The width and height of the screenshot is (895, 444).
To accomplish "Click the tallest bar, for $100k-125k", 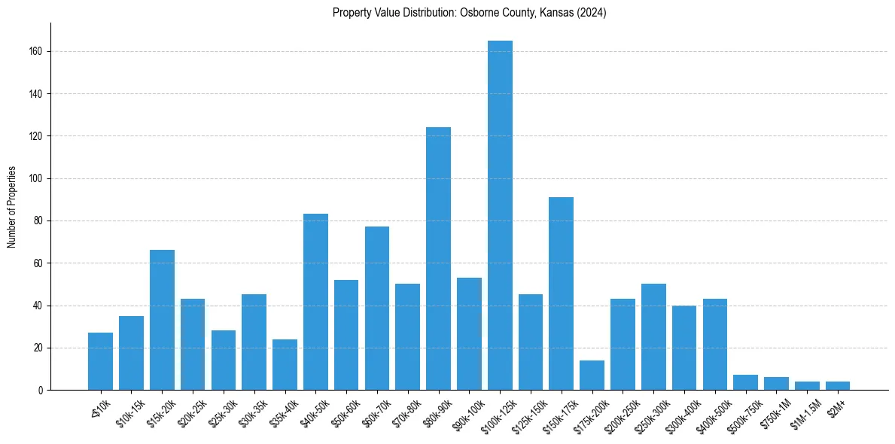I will point(500,218).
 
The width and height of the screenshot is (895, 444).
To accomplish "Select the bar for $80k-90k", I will point(438,260).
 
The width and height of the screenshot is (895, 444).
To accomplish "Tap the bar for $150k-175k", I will point(562,293).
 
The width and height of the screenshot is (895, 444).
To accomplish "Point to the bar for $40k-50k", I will point(315,301).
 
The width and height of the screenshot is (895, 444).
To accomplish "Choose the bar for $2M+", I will point(838,386).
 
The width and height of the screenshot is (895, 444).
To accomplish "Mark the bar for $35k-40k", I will point(285,365).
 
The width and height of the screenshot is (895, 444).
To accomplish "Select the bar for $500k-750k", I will point(745,382).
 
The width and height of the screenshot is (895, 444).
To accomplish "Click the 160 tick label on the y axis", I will point(37,52).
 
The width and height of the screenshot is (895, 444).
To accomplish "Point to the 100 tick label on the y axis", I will point(37,179).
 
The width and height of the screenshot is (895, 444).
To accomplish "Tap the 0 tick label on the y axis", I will point(41,391).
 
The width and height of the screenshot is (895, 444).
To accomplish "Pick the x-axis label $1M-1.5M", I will point(806,413).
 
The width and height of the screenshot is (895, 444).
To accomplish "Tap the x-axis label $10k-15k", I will point(131,412).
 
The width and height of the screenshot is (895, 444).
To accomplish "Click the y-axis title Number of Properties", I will point(11,207).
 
